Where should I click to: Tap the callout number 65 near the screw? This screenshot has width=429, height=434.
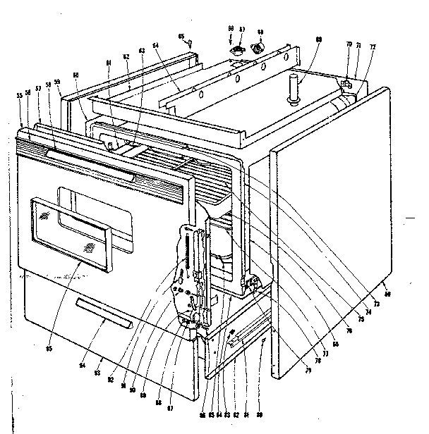(x=181, y=36)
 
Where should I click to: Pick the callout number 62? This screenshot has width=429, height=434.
(x=127, y=56)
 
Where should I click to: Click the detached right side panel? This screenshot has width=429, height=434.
(x=328, y=232)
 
